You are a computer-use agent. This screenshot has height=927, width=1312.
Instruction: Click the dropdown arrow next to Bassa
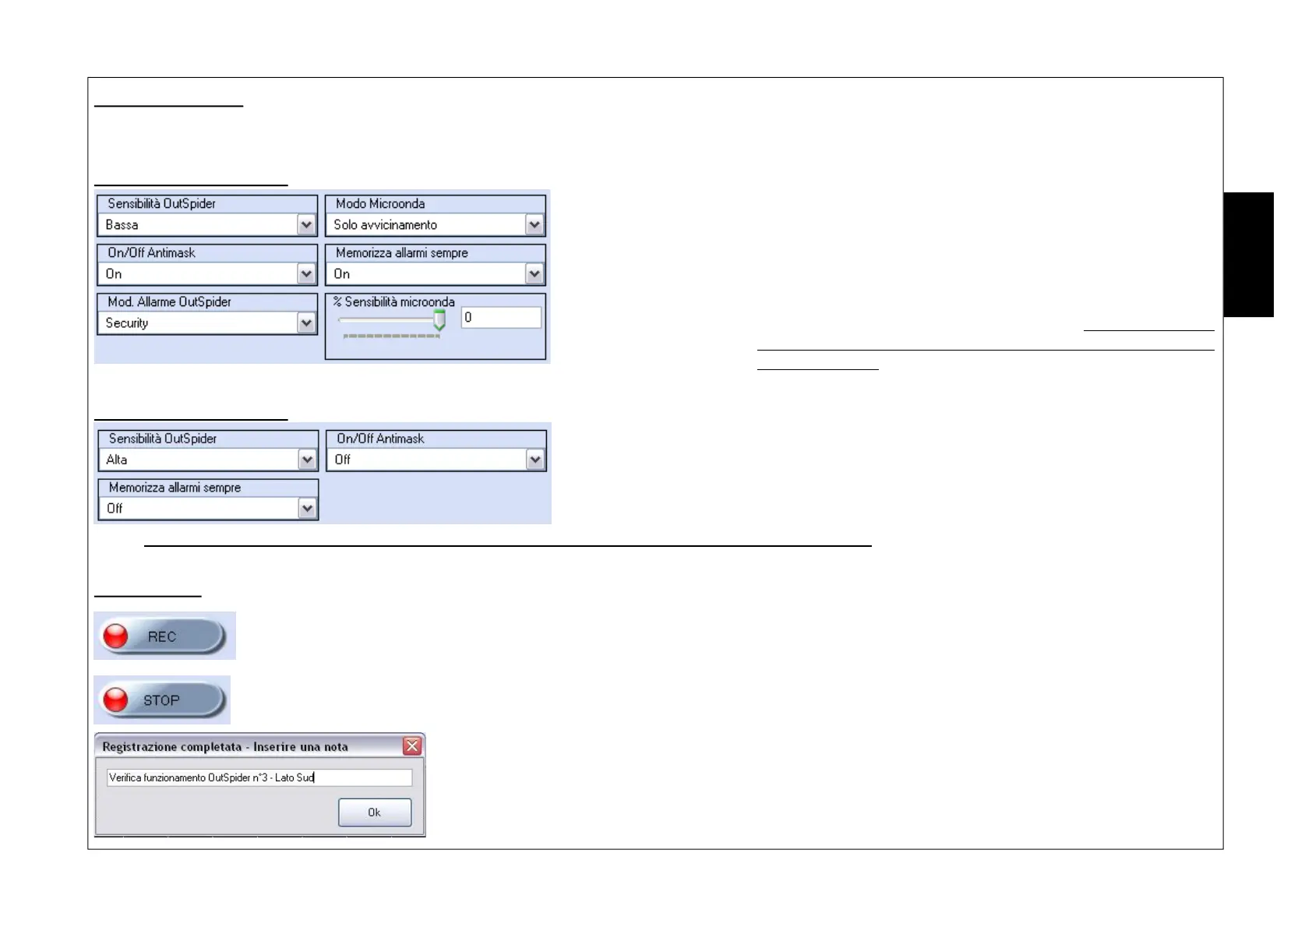(x=306, y=225)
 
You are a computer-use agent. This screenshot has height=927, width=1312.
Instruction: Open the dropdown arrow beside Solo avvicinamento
(x=534, y=225)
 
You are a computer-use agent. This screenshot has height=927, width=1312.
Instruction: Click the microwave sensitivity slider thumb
(x=439, y=319)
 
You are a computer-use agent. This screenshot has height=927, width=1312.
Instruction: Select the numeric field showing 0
(x=500, y=318)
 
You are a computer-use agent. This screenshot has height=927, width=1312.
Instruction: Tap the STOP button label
(x=161, y=700)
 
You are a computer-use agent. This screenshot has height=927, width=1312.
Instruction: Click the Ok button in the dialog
(x=374, y=812)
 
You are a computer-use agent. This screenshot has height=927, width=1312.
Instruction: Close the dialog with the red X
(x=412, y=746)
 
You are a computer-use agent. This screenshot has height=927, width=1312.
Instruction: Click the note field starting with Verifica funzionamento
(x=259, y=777)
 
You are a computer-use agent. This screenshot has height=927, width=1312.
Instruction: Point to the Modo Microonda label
(x=380, y=204)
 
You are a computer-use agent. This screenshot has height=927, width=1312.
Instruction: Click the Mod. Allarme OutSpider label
(x=169, y=302)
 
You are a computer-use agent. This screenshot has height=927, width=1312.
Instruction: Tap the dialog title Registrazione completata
(x=225, y=747)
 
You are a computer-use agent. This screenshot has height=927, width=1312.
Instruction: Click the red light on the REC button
(x=116, y=636)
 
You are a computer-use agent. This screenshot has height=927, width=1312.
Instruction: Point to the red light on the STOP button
(x=116, y=700)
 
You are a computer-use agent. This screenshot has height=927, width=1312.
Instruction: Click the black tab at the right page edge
(x=1248, y=255)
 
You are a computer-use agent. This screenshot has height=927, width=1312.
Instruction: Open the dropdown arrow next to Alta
(x=308, y=460)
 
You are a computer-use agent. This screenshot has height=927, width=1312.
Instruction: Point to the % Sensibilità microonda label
(x=394, y=302)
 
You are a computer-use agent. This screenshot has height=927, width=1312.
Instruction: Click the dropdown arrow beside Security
(x=306, y=323)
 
